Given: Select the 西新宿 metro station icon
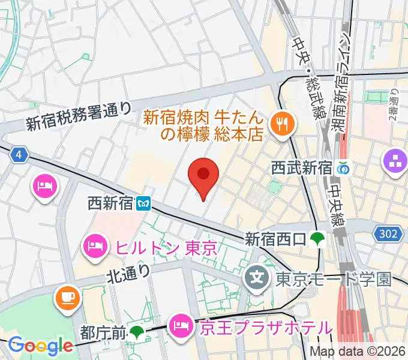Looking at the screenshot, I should (x=143, y=204).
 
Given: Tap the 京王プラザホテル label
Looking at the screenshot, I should (x=265, y=328).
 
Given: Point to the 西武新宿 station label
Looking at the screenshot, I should (x=301, y=167).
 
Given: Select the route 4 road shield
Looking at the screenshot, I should (x=20, y=155).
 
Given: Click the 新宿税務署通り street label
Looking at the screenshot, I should (x=79, y=116).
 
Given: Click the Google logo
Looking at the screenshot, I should (x=41, y=346).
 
